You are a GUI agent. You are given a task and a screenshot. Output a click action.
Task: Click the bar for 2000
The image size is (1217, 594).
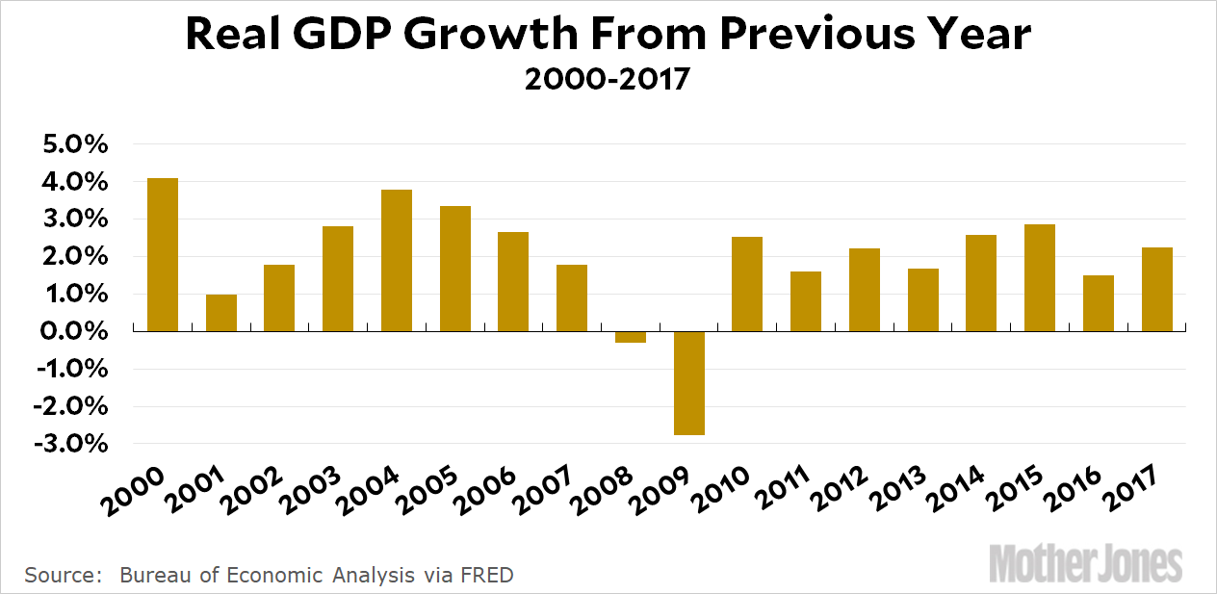point(163,255)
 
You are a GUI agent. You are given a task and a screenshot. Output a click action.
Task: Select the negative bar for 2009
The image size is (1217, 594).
point(689,383)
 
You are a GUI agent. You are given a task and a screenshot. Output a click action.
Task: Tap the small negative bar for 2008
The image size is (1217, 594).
point(631,337)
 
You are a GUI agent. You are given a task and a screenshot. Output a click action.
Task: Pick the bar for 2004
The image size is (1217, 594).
point(397,261)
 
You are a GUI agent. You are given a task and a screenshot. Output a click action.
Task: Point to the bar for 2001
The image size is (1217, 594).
point(221,313)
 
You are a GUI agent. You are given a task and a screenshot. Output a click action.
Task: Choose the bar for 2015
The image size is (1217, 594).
point(1040,278)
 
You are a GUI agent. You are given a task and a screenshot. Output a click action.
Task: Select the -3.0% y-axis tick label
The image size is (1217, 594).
point(69,445)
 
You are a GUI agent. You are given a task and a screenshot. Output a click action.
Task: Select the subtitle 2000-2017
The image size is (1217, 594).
point(608,79)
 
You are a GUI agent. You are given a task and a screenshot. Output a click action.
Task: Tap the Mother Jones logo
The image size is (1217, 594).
point(1085,562)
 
